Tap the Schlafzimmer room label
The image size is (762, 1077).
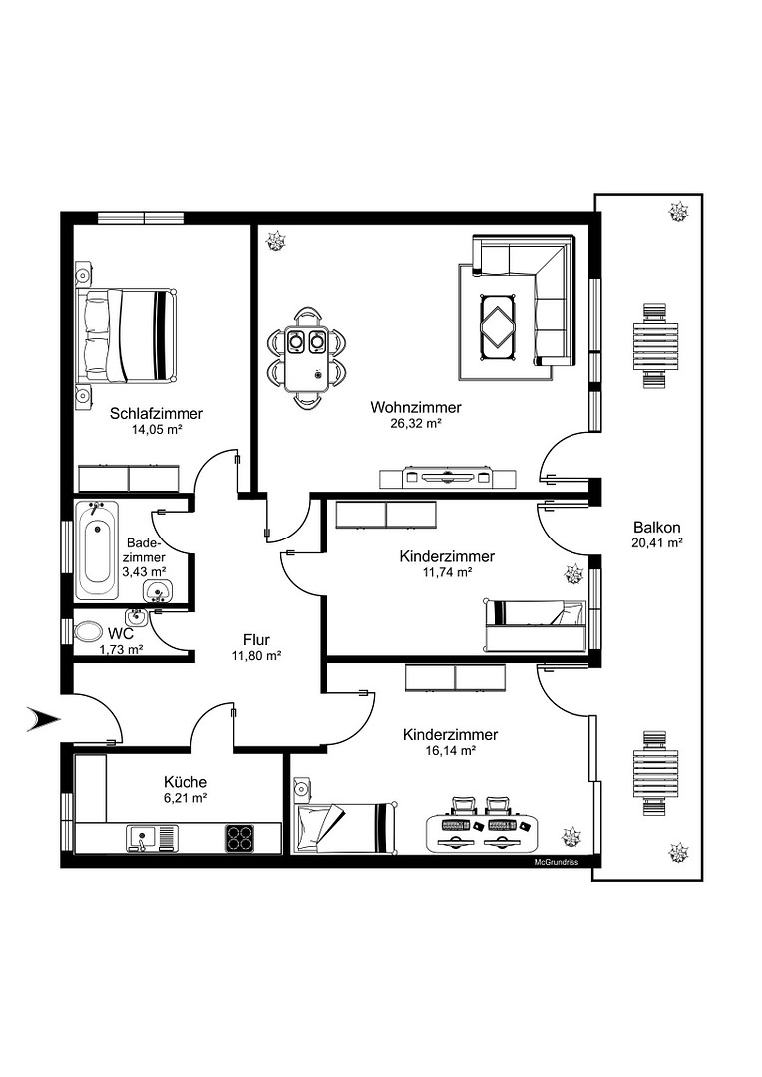157,414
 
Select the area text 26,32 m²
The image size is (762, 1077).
416,424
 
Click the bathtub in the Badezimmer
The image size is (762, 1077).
96,550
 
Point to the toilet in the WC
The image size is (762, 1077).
88,631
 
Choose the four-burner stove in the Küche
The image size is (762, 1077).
239,838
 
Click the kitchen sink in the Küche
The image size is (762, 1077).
152,838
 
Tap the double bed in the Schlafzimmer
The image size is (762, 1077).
127,335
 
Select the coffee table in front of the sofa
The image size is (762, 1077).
498,326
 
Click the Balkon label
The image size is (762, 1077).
657,528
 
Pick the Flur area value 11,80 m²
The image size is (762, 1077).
256,656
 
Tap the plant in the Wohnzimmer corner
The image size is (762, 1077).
277,240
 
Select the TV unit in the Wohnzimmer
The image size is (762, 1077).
447,477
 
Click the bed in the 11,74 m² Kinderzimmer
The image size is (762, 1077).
536,624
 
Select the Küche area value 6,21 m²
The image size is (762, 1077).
186,798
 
